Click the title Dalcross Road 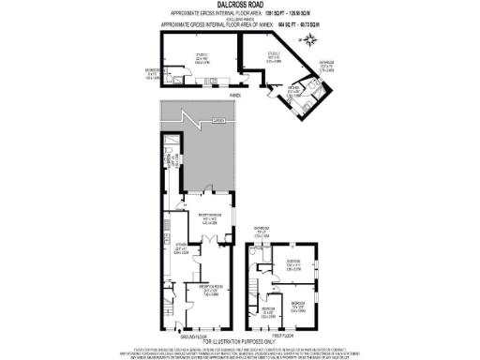[239, 5]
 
